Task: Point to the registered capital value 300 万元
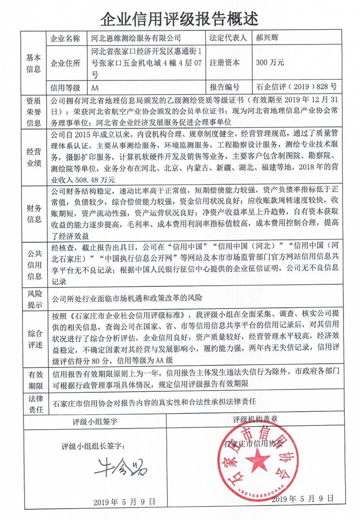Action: pyautogui.click(x=270, y=63)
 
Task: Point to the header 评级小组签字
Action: pyautogui.click(x=94, y=422)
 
